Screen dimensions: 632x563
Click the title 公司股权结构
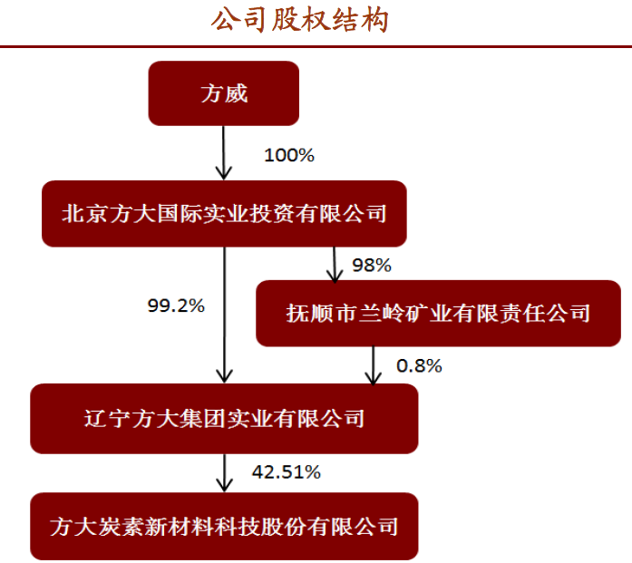[299, 20]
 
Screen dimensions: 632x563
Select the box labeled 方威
[224, 93]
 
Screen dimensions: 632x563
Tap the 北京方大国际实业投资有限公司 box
[224, 214]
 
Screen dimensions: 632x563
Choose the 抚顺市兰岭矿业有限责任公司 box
[438, 313]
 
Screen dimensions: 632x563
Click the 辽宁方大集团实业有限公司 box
[224, 418]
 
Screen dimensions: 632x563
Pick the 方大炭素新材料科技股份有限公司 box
[224, 526]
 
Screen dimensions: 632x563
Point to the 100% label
[289, 155]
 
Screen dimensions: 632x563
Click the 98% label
[372, 265]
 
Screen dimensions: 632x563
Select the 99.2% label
[176, 306]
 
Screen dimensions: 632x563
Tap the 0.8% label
[419, 366]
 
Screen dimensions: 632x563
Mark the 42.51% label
[287, 472]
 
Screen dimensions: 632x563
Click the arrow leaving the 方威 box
[224, 152]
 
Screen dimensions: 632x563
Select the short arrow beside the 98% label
[335, 265]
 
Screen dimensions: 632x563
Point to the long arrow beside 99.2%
[224, 315]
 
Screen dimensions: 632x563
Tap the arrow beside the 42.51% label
[224, 472]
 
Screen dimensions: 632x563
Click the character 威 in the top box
[236, 93]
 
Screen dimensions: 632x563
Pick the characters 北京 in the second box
[84, 213]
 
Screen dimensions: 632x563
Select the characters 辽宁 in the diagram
[106, 418]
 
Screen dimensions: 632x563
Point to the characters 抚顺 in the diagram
[309, 313]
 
